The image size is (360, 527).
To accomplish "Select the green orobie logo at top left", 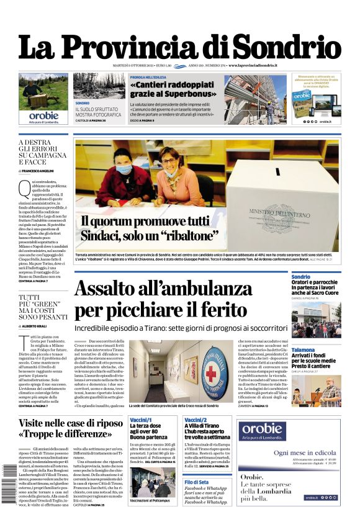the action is [43, 115].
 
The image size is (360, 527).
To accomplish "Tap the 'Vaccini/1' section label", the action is [142, 421].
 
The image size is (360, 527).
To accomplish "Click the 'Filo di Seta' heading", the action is [197, 482].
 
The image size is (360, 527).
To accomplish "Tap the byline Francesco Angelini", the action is [39, 170].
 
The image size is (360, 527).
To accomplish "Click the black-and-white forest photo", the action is [99, 86].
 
